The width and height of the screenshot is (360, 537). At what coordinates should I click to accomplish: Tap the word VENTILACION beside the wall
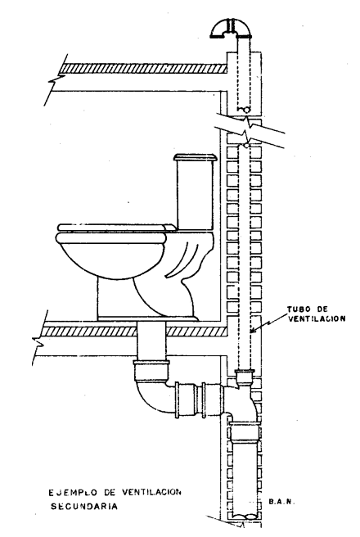pos(317,319)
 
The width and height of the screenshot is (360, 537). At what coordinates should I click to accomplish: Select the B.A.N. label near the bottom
pos(281,502)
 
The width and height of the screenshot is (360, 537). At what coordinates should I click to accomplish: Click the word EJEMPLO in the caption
pos(70,493)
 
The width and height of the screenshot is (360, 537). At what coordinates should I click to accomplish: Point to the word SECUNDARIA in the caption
pos(83,506)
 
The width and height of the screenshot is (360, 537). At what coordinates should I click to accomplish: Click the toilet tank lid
pos(195,157)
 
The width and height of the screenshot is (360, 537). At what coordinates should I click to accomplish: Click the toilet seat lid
pos(115,227)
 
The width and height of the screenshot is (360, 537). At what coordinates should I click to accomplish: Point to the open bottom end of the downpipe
pos(245,516)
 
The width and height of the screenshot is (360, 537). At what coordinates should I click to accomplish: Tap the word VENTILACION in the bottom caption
pos(151,493)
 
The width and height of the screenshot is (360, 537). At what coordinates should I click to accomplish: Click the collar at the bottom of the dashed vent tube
pos(245,377)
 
